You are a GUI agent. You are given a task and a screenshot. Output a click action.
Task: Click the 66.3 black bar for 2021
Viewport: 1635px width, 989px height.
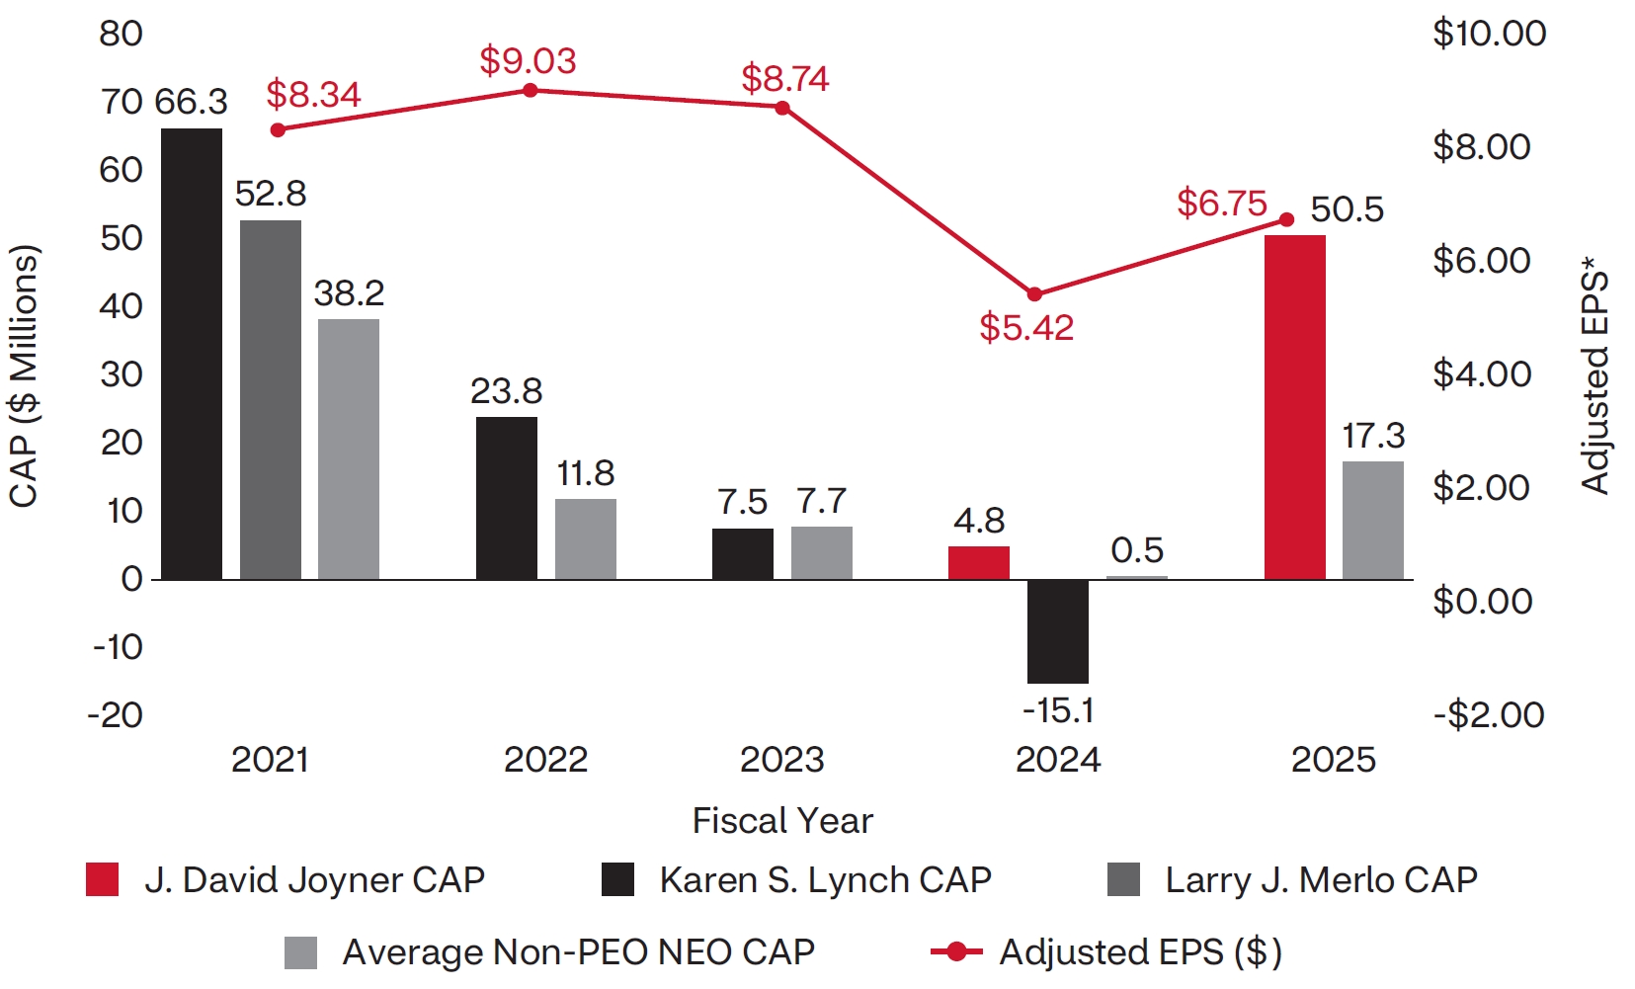(x=192, y=354)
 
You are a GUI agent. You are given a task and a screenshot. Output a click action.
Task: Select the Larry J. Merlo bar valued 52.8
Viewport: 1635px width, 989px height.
(x=271, y=399)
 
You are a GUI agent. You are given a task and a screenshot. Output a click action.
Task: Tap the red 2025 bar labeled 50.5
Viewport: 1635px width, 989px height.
(x=1295, y=407)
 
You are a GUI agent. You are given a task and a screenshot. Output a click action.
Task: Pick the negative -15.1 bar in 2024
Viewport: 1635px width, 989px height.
(x=1058, y=631)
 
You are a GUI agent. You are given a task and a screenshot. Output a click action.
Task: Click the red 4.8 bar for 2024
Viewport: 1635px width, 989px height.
(x=979, y=562)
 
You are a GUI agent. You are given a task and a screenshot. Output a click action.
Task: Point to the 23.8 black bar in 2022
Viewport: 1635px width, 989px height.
(x=507, y=498)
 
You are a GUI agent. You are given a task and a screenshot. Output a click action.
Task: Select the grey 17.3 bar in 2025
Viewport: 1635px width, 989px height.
(x=1373, y=520)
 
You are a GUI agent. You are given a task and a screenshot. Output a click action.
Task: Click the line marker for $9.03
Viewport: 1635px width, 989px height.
(x=531, y=91)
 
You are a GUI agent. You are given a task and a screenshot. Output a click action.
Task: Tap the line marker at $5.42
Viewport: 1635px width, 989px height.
(x=1035, y=294)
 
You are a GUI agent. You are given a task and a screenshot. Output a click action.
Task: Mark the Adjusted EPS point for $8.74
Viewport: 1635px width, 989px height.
(x=782, y=108)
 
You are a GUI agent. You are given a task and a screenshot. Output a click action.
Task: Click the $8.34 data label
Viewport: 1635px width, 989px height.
(x=313, y=95)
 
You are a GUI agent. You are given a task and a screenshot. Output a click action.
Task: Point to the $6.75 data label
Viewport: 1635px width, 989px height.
(x=1221, y=204)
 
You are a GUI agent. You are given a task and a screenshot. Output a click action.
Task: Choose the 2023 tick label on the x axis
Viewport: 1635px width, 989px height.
(x=782, y=760)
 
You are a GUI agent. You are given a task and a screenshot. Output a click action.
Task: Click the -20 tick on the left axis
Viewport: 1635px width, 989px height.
(x=116, y=715)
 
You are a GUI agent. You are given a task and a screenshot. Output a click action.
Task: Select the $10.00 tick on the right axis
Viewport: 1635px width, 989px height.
(x=1489, y=34)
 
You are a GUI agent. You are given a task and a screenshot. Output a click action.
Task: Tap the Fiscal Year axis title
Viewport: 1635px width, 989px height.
(x=782, y=821)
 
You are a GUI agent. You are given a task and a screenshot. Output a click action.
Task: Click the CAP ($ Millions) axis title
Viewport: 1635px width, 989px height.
(x=24, y=375)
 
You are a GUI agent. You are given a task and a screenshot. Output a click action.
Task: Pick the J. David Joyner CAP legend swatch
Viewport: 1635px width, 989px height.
(x=102, y=879)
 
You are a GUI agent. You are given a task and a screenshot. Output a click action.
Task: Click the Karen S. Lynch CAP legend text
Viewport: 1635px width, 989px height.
(x=825, y=879)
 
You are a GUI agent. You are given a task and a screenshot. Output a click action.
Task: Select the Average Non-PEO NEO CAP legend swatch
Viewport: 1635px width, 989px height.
(x=300, y=952)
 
